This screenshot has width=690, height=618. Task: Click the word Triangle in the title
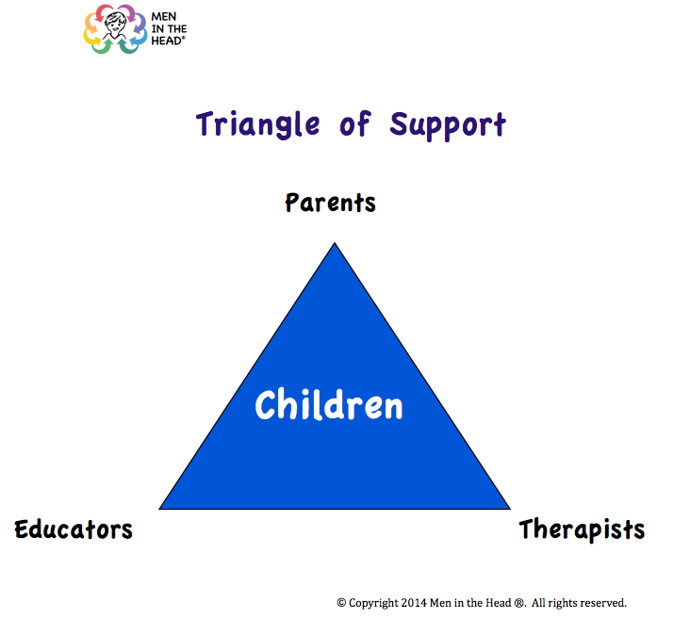pyautogui.click(x=258, y=125)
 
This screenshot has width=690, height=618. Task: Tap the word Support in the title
pyautogui.click(x=448, y=126)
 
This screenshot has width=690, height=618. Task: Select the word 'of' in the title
pyautogui.click(x=355, y=123)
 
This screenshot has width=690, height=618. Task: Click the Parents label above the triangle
pyautogui.click(x=331, y=203)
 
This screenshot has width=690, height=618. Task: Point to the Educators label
pyautogui.click(x=74, y=529)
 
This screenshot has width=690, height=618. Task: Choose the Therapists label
pyautogui.click(x=582, y=529)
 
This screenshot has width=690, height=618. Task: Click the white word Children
pyautogui.click(x=329, y=405)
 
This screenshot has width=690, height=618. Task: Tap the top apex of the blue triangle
pyautogui.click(x=335, y=243)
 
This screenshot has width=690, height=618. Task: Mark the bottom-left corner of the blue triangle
pyautogui.click(x=159, y=509)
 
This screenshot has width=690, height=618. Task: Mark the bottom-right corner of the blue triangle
pyautogui.click(x=510, y=509)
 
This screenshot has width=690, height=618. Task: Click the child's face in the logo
pyautogui.click(x=115, y=25)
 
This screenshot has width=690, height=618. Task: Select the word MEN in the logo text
pyautogui.click(x=164, y=17)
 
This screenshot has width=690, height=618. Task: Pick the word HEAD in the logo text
pyautogui.click(x=166, y=41)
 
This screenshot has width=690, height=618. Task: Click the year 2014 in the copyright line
pyautogui.click(x=414, y=603)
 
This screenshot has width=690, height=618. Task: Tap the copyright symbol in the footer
pyautogui.click(x=341, y=603)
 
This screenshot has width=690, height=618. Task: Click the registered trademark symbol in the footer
pyautogui.click(x=519, y=603)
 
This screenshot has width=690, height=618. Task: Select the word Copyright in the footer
pyautogui.click(x=373, y=603)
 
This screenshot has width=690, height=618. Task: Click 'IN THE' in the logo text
pyautogui.click(x=169, y=29)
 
